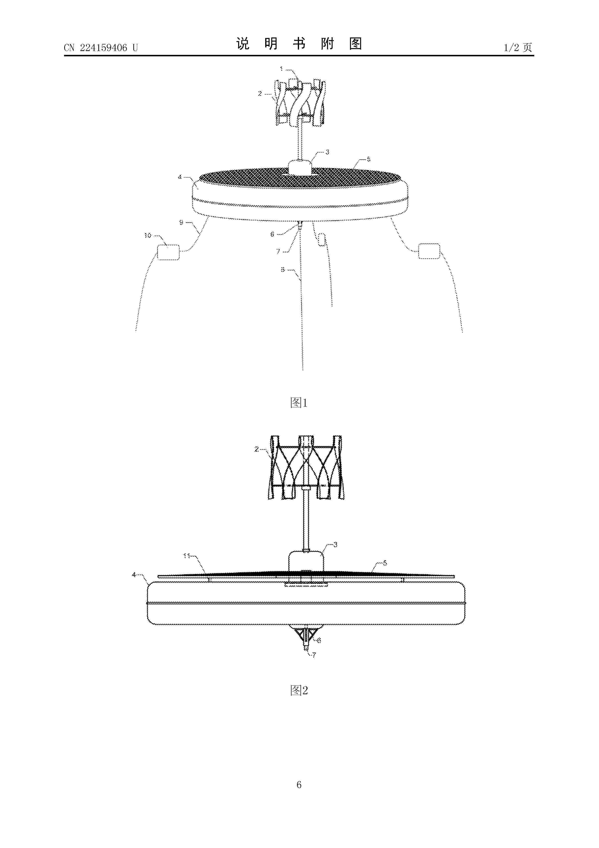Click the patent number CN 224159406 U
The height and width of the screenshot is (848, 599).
click(101, 48)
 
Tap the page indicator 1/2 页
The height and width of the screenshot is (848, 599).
click(518, 47)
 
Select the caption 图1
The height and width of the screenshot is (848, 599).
click(299, 402)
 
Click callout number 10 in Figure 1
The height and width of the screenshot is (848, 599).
click(148, 235)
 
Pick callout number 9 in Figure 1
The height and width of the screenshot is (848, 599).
click(181, 222)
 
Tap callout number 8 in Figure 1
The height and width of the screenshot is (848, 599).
click(283, 270)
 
